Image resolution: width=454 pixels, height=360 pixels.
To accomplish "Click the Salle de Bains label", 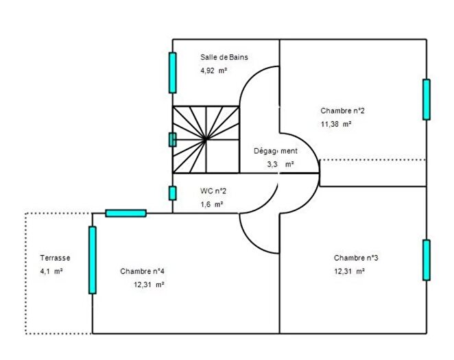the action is [x=224, y=58].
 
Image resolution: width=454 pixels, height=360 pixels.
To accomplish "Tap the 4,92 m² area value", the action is [x=214, y=71].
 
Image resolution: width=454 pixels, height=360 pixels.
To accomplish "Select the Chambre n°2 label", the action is [x=342, y=110].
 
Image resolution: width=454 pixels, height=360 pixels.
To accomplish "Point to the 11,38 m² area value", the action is [x=336, y=124].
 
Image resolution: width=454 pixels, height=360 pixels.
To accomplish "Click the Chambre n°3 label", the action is [x=356, y=258].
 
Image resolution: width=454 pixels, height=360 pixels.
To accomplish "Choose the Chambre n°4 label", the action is [x=142, y=271].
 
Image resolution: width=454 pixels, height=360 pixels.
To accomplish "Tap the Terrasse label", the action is [x=55, y=258].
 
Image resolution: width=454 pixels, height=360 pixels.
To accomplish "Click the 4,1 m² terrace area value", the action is [x=51, y=271].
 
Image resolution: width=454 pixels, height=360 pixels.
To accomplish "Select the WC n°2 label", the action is [x=213, y=191].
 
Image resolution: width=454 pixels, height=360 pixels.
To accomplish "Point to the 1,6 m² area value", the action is [x=212, y=204].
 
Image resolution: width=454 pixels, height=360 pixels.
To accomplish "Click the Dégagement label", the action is [x=276, y=151].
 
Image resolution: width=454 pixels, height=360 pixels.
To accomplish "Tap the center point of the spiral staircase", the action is [x=206, y=140].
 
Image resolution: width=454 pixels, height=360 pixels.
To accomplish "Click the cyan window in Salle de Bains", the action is [x=173, y=73].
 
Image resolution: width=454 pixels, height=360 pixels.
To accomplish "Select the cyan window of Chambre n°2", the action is [x=427, y=99].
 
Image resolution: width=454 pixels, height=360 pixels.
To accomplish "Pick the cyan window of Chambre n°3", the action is [x=427, y=260].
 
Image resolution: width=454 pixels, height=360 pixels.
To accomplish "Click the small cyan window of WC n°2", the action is [x=173, y=193].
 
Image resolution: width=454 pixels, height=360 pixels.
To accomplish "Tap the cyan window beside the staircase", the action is [x=173, y=139].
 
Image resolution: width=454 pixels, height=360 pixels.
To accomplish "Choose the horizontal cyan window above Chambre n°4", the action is [x=126, y=213].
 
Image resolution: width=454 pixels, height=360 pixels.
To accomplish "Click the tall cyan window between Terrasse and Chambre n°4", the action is [x=93, y=260].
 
